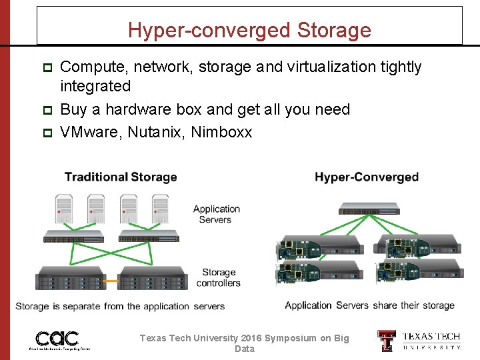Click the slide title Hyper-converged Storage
tap(249, 30)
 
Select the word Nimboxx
tap(221, 132)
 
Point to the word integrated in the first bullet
tap(95, 86)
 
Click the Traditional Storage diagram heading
tap(121, 177)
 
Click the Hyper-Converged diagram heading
tap(367, 177)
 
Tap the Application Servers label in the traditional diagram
tap(216, 214)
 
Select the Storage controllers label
tap(218, 277)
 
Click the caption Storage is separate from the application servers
tap(120, 307)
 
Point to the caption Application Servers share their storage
tap(369, 305)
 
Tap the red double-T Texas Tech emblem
tap(387, 341)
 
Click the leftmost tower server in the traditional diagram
tap(64, 209)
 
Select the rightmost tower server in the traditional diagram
tap(161, 209)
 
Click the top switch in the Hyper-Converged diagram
tap(369, 208)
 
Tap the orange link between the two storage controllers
tap(111, 281)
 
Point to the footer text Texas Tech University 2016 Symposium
tap(244, 339)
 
